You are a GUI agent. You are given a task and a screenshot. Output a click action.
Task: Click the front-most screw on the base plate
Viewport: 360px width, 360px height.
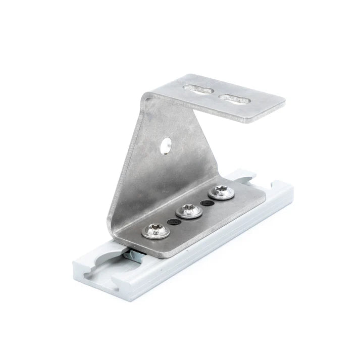[153, 231]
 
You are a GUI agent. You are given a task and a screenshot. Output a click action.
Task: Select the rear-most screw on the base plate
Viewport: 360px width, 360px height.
[220, 191]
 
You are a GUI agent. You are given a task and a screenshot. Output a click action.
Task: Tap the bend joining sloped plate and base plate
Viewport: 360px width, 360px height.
[119, 222]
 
